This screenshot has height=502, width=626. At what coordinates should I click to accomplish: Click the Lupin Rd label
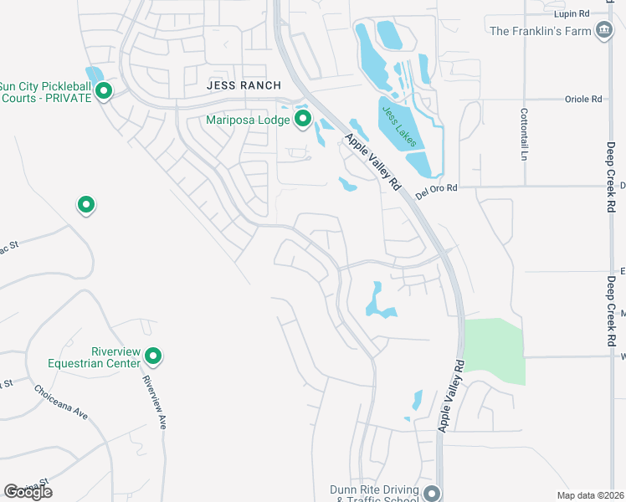click(572, 13)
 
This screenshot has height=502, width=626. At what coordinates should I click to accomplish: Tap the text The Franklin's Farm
click(541, 32)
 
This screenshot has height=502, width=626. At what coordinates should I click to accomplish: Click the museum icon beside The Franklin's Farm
click(603, 32)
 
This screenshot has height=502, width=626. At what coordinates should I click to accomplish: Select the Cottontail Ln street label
click(525, 134)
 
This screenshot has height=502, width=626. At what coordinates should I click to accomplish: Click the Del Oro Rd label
click(437, 188)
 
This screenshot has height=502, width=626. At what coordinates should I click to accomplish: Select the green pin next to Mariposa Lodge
click(302, 120)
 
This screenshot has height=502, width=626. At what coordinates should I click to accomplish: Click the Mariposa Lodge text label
click(248, 120)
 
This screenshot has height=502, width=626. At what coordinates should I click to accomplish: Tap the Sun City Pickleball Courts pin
click(104, 90)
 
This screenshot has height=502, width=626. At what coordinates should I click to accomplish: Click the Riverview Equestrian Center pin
click(153, 357)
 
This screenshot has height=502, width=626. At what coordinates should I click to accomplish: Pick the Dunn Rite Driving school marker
click(432, 493)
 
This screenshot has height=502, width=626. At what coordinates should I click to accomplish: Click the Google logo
click(28, 492)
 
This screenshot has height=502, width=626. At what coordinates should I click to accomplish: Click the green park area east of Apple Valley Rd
click(494, 351)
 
